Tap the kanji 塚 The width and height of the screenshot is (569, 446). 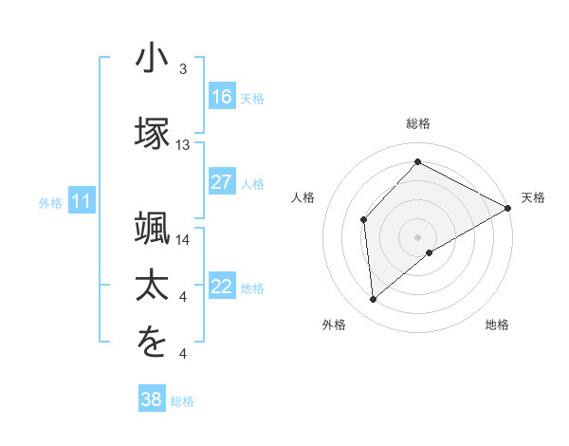point(151,132)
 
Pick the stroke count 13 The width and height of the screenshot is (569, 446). point(183,145)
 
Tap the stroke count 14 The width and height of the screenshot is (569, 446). point(183,240)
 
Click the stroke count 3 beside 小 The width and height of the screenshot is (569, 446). point(183,69)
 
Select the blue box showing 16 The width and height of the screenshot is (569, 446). point(222,96)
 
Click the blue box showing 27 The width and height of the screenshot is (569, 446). point(222,182)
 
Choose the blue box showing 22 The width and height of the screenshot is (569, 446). point(222,287)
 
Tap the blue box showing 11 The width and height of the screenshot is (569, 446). point(82,200)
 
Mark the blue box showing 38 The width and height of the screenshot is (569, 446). point(151,400)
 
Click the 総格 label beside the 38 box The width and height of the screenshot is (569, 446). point(182,401)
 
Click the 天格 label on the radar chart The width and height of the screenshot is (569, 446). point(533,197)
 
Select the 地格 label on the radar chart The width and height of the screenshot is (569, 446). point(497,325)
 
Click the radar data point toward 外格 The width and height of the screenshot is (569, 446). point(374,300)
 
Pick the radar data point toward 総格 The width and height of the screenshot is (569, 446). point(417,162)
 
